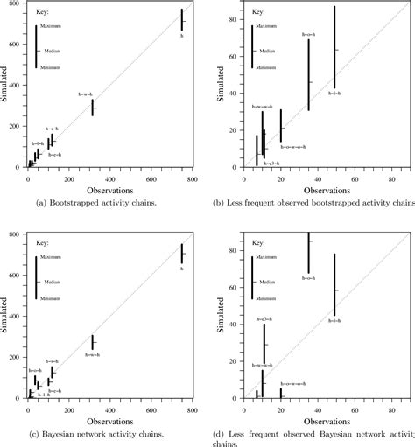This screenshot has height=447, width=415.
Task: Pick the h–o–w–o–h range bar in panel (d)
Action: (x=281, y=392)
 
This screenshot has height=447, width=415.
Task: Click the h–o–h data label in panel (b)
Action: (x=309, y=34)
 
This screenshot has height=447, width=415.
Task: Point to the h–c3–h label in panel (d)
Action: (x=266, y=319)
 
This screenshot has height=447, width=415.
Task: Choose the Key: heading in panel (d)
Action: (x=257, y=242)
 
